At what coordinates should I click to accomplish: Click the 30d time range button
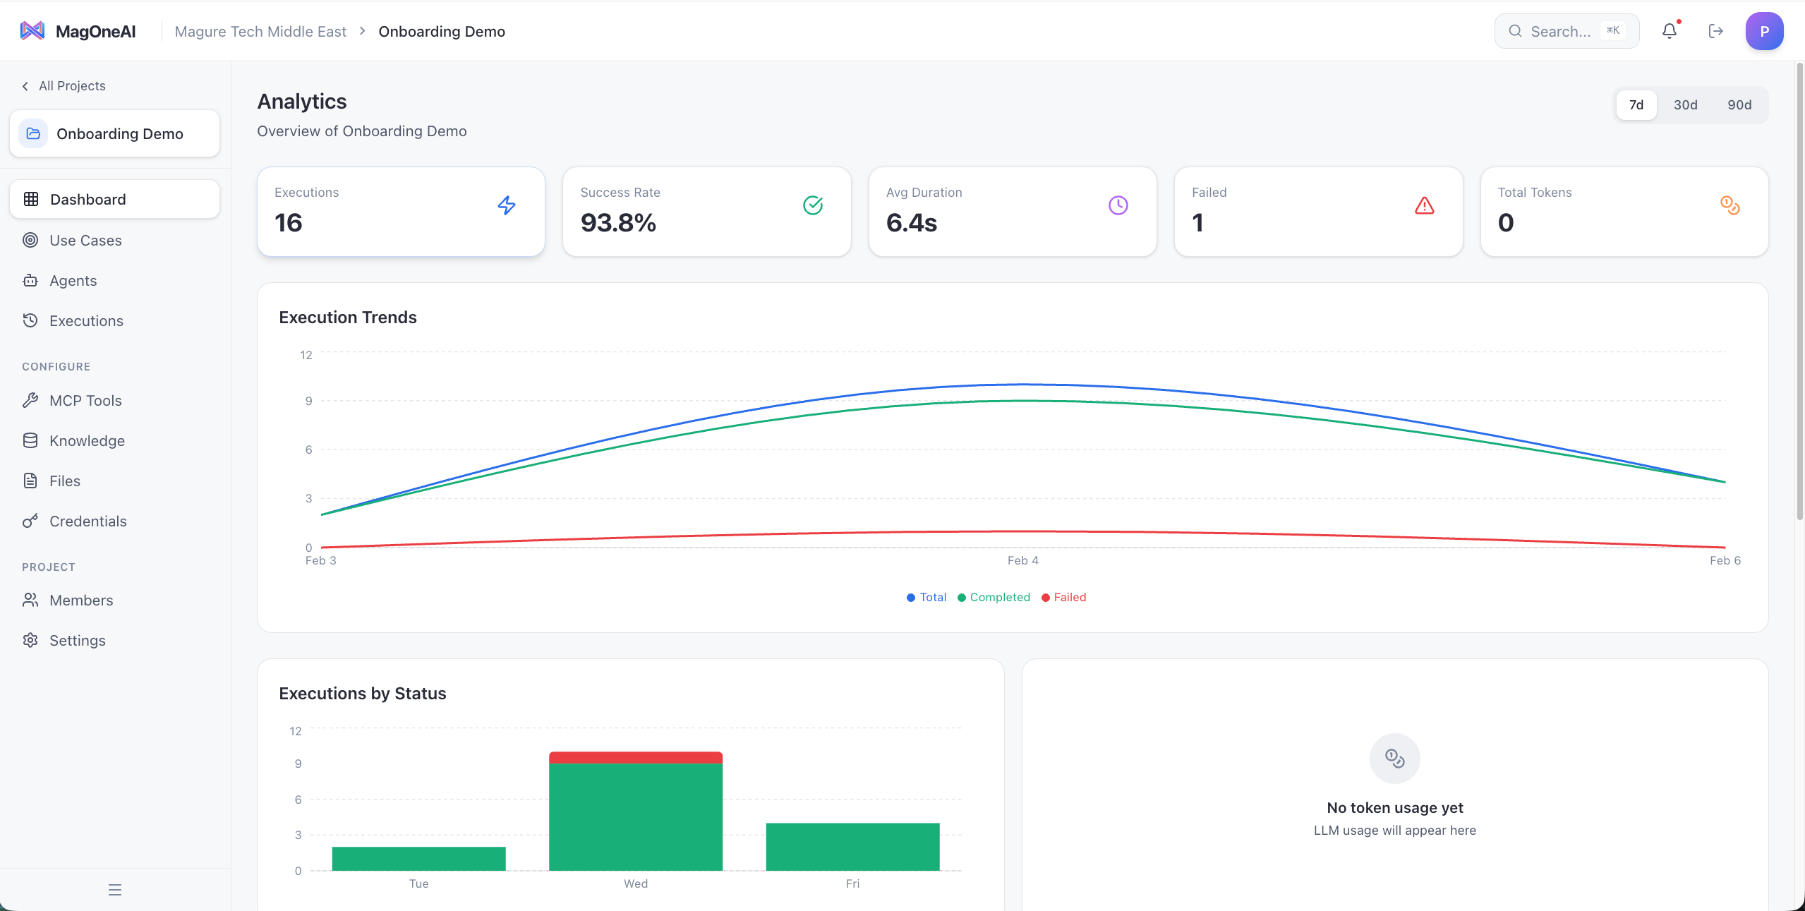coord(1685,104)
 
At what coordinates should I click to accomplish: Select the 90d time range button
coord(1739,104)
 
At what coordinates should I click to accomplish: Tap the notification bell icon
coord(1669,31)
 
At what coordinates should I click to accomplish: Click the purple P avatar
coord(1764,31)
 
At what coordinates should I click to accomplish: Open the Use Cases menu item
coord(85,240)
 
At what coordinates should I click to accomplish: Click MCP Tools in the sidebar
coord(85,400)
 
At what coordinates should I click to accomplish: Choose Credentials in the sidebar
coord(87,521)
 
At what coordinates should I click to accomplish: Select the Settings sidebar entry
coord(77,640)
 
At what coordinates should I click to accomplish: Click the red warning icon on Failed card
coord(1424,205)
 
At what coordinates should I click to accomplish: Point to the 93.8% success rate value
coord(618,223)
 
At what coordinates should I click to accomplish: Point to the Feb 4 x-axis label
coord(1022,560)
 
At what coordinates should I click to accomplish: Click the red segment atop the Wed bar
coord(635,757)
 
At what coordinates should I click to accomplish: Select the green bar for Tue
coord(418,858)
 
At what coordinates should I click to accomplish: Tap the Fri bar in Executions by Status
coord(852,846)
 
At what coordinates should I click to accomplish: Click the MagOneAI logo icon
coord(32,31)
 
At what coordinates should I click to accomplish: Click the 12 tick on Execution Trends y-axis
coord(306,355)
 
